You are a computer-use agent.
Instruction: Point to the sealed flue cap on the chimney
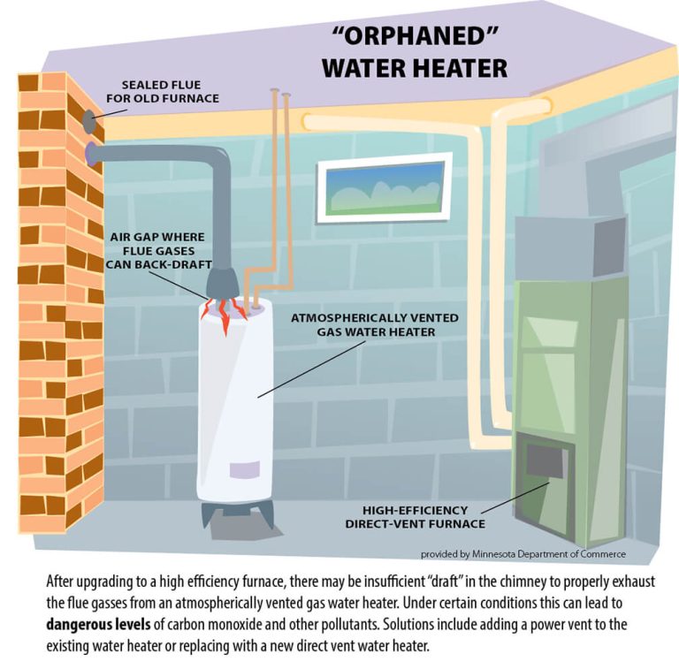point(91,118)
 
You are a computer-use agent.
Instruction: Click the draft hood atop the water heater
point(224,284)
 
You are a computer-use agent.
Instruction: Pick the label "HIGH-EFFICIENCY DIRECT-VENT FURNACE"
point(415,517)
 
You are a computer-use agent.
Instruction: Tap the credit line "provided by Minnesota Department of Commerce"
point(523,554)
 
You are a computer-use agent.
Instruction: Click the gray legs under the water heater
point(232,513)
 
